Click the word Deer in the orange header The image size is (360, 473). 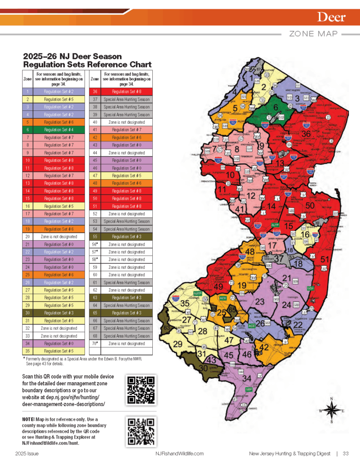(331, 18)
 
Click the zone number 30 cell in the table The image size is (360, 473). (28, 313)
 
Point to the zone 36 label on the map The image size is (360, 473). (306, 134)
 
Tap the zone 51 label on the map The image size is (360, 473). (325, 260)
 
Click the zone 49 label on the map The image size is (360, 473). (218, 286)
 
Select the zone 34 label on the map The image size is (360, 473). (247, 379)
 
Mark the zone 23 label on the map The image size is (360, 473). (260, 302)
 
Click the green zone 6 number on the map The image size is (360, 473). (276, 108)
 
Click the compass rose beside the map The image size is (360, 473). (331, 409)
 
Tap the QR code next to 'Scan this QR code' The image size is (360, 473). (140, 390)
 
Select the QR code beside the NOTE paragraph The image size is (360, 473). (140, 430)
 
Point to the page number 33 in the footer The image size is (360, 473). (345, 454)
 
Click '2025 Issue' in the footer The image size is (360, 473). (27, 454)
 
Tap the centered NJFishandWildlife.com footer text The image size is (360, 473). (180, 454)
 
